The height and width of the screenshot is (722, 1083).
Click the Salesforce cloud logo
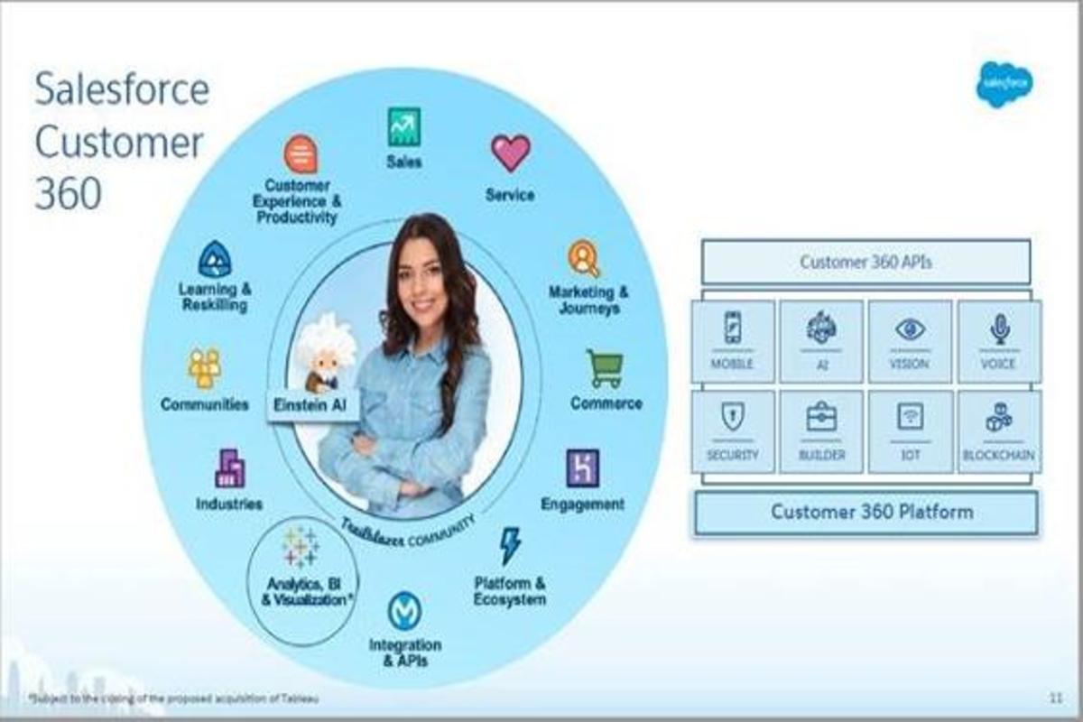[1004, 84]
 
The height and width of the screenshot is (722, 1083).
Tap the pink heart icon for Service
[510, 152]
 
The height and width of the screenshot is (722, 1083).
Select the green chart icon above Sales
[404, 126]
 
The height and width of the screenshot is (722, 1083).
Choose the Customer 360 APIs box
[865, 262]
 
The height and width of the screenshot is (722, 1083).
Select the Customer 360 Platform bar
[865, 513]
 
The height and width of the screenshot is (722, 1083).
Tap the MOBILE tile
[732, 341]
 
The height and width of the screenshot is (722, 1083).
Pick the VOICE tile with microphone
[998, 341]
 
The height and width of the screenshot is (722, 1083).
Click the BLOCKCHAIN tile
[998, 431]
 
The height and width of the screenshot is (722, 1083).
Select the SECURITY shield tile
[732, 431]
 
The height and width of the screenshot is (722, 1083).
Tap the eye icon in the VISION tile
[910, 329]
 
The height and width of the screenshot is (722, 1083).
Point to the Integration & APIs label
[404, 652]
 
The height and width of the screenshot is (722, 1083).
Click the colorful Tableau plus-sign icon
[300, 546]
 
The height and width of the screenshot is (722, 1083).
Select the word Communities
[205, 404]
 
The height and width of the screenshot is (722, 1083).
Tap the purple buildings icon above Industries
[229, 467]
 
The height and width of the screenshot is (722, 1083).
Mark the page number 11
[1055, 698]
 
